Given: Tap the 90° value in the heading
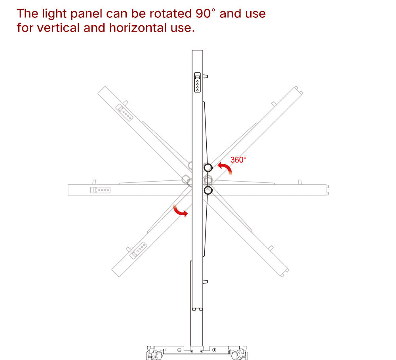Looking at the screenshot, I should click(x=205, y=13).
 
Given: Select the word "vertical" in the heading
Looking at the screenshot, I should click(x=62, y=28).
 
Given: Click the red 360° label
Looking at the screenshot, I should click(x=238, y=160).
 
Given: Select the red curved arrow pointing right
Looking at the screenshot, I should click(x=181, y=211).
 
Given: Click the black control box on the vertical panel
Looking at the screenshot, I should click(x=197, y=82).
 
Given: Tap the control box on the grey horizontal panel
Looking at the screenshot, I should click(x=100, y=190).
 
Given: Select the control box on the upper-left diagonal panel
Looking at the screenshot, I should click(x=124, y=112).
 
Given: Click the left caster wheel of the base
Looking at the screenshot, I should click(x=158, y=354).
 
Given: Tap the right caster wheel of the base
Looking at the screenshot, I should click(x=236, y=354).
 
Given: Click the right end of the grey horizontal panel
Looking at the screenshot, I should click(x=326, y=190).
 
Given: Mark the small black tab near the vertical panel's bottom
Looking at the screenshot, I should click(x=205, y=282).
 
